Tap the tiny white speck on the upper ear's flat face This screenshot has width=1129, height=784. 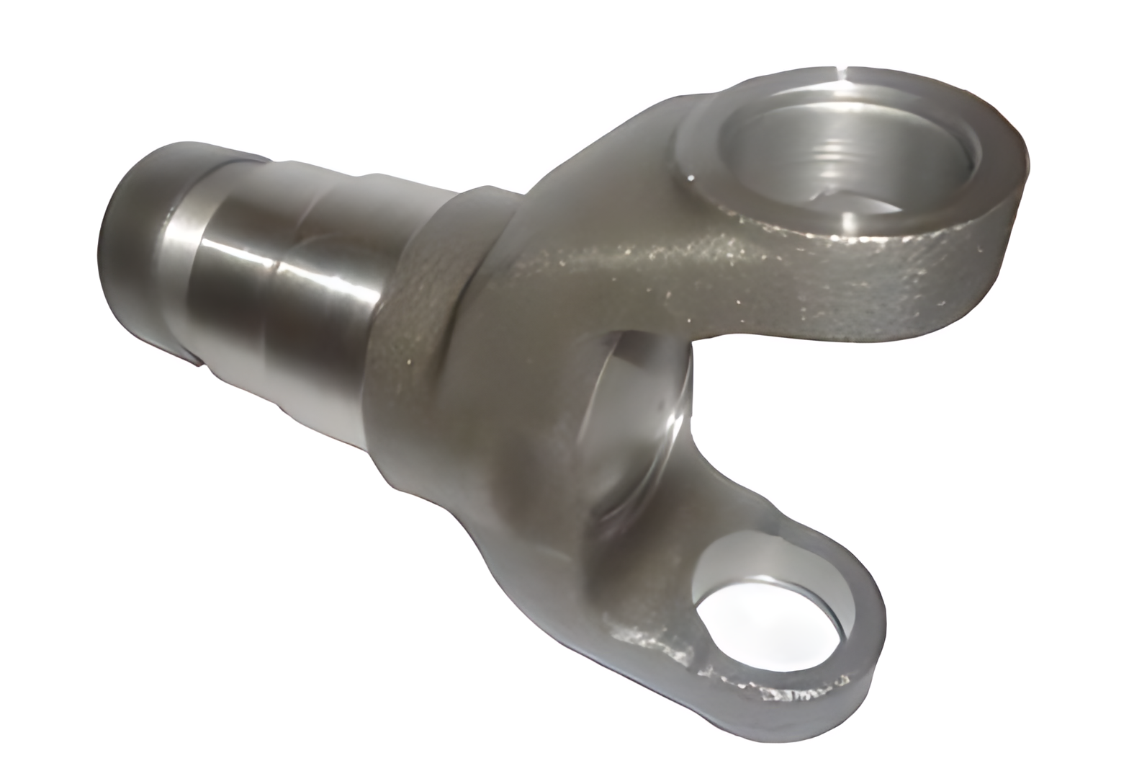(691, 175)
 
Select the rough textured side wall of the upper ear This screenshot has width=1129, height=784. (828, 288)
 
